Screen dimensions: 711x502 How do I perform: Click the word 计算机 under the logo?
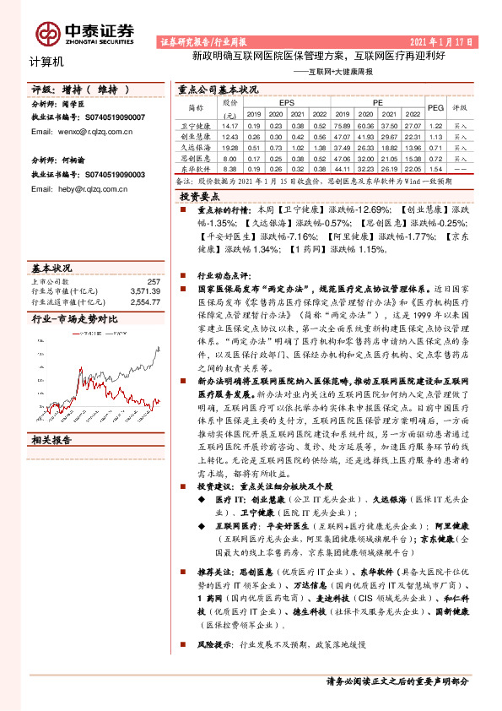(x=46, y=62)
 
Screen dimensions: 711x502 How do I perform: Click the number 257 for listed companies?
(x=154, y=281)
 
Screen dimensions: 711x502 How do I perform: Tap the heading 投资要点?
(x=198, y=195)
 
